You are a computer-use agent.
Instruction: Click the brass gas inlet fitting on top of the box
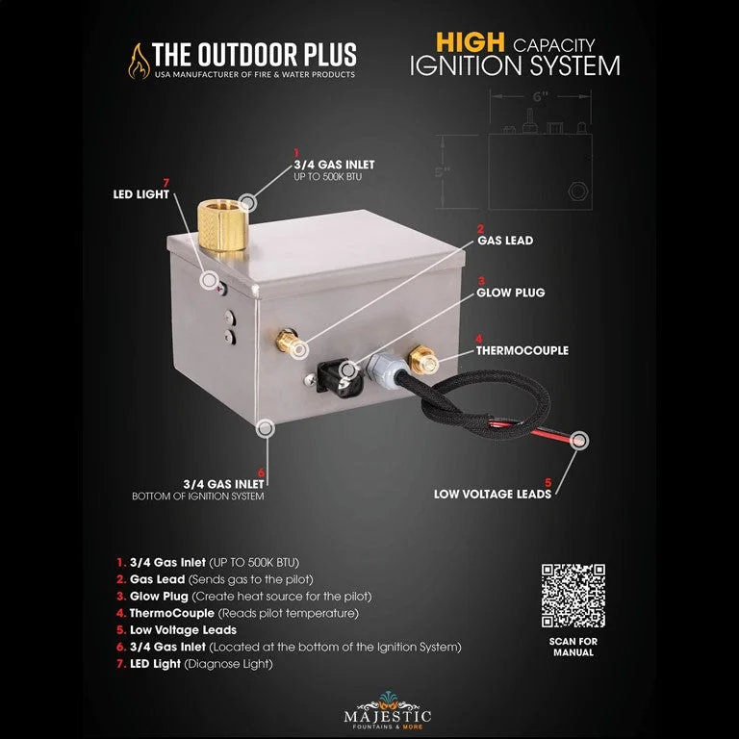[x=223, y=225]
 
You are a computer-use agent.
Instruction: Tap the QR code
[x=573, y=596]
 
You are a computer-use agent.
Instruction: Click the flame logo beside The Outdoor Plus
[x=139, y=62]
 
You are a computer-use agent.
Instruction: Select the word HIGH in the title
[x=470, y=42]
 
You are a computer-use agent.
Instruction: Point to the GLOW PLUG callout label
[x=510, y=293]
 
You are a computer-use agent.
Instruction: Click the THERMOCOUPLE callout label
[x=522, y=350]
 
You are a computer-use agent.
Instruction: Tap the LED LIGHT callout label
[x=140, y=194]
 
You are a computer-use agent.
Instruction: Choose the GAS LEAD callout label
[x=505, y=241]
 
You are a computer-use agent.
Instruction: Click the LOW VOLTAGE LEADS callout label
[x=493, y=494]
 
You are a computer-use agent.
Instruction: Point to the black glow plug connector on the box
[x=340, y=378]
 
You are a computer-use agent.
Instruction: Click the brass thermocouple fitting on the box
[x=422, y=360]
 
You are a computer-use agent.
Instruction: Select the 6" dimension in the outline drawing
[x=540, y=96]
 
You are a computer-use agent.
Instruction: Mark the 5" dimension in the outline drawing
[x=443, y=171]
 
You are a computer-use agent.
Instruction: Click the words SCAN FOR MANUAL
[x=573, y=647]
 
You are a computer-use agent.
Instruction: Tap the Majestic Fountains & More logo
[x=388, y=711]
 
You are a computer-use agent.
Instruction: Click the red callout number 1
[x=296, y=153]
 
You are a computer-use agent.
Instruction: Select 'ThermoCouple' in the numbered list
[x=172, y=613]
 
